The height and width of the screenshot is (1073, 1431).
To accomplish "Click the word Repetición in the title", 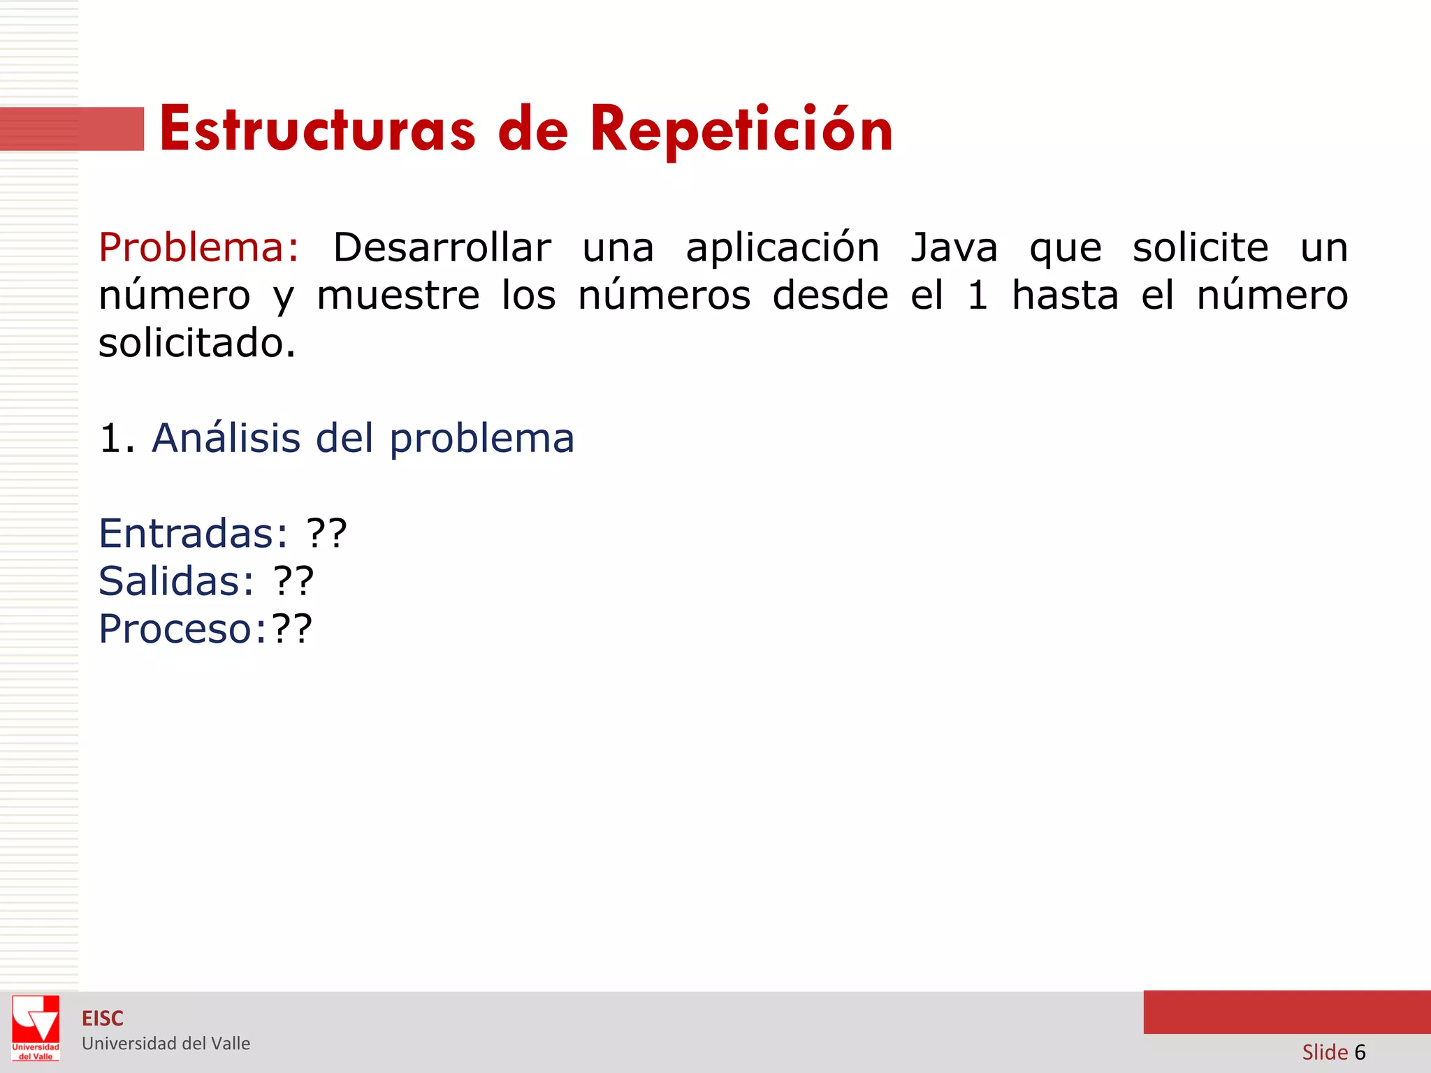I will coord(741,130).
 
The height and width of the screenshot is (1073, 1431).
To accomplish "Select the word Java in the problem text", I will coord(954,248).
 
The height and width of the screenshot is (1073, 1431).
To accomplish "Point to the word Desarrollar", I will coord(442,248).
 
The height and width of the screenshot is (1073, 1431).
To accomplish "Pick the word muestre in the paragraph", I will coord(398,295).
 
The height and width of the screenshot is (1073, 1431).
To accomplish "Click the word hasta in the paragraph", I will coord(1065,295).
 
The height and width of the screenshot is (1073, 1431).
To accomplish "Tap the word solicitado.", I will coord(197,343).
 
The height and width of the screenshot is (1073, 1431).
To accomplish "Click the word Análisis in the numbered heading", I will coord(226,438).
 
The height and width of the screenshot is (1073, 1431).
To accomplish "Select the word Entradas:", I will coord(193,534).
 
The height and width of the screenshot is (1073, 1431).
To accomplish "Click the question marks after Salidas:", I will coord(293,581).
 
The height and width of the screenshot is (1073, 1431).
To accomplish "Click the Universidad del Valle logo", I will coord(36,1028).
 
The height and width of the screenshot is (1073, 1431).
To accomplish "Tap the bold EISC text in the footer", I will coord(103,1019).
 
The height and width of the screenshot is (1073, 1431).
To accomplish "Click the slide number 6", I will coord(1360,1052).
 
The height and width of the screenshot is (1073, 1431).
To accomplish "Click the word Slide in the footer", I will coord(1324,1052).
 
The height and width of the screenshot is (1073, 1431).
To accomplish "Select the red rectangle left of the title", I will coord(72,129).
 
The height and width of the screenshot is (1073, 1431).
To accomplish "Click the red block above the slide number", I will coord(1286,1012).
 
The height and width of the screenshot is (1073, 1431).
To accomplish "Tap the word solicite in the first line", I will coord(1200,248).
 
